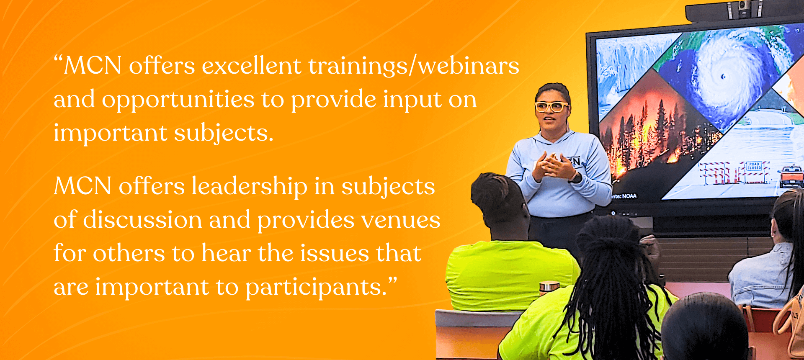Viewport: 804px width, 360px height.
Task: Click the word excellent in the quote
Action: pos(251,66)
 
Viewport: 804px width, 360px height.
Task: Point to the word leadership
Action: pos(250,186)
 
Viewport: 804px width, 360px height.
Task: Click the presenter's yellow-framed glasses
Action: pos(551,106)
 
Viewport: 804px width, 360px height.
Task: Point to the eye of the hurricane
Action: pos(723,77)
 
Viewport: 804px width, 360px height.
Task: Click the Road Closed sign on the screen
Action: pos(754,166)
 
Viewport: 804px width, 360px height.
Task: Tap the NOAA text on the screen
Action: pos(624,196)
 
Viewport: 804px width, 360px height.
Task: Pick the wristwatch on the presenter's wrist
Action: pos(576,177)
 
